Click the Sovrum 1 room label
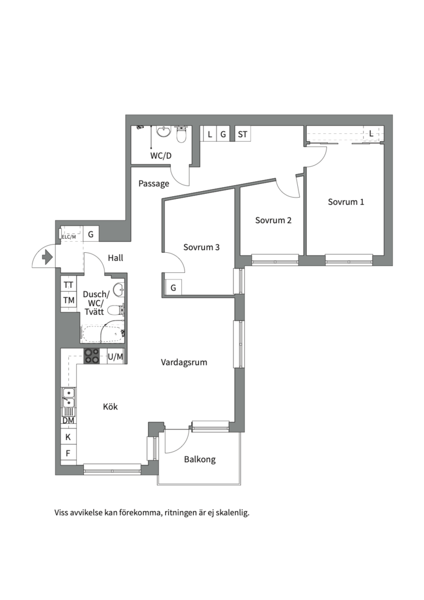(346, 202)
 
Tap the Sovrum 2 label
(273, 220)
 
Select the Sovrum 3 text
(201, 247)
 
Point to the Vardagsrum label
(184, 362)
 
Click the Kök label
(110, 406)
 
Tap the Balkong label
(199, 459)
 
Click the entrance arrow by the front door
(47, 257)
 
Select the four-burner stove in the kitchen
(92, 356)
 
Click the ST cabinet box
(243, 134)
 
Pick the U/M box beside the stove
(115, 357)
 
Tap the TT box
(69, 284)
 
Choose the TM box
(69, 301)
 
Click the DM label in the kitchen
(68, 421)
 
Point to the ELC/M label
(69, 237)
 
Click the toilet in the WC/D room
(181, 134)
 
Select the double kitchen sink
(69, 398)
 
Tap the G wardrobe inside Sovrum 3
(173, 287)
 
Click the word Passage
(154, 184)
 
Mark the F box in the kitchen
(68, 453)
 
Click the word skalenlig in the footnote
(233, 512)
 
